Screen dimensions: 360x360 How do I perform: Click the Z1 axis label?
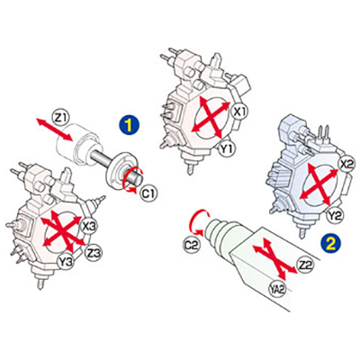coord(60,118)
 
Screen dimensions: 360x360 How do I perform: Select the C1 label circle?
coord(148,194)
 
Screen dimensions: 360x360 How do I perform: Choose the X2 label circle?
coord(347,164)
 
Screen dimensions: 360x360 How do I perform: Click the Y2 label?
coord(337,215)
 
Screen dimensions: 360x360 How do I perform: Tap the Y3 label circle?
coord(66,262)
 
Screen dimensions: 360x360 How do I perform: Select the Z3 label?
coord(94,252)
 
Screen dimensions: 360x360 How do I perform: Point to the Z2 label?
coord(305,265)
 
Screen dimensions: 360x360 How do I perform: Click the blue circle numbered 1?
coord(129,125)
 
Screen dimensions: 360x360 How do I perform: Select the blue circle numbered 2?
coord(330,244)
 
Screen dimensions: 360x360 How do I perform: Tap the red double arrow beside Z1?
coord(55,130)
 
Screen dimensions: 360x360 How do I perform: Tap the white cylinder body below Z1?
coord(80,143)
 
